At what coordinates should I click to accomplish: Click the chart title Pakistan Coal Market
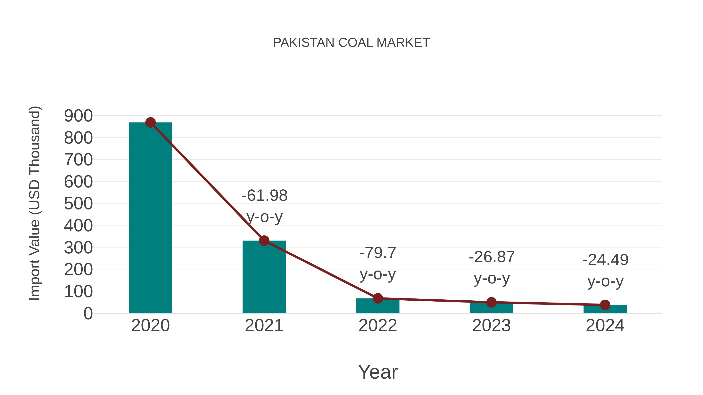pos(351,43)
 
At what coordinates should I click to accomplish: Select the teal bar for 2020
pos(150,218)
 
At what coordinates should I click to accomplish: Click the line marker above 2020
pos(150,123)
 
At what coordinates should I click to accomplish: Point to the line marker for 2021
pos(264,241)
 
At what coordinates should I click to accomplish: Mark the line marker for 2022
pos(378,298)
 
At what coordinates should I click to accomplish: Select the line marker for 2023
pos(491,302)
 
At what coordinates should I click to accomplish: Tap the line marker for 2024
pos(605,305)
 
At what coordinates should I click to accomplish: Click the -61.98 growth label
pos(264,196)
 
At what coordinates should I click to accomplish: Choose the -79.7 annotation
pos(378,253)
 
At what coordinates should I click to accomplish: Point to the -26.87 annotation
pos(492,257)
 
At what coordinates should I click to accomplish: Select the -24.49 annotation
pos(605,260)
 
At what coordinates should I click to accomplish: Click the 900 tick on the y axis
pos(78,116)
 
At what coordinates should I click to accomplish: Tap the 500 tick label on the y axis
pos(78,204)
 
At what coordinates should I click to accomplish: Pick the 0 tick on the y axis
pos(88,313)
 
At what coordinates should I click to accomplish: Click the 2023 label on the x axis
pos(491,326)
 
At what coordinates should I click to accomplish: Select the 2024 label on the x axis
pos(605,326)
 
